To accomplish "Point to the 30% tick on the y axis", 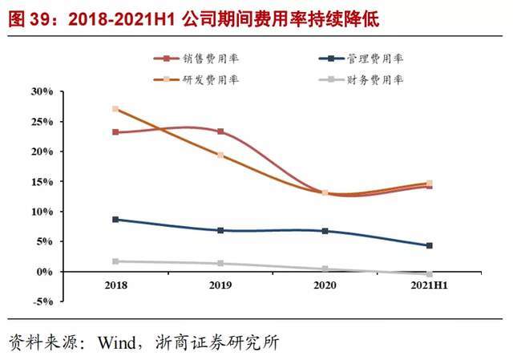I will click(42, 91).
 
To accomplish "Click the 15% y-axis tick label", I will click(42, 182).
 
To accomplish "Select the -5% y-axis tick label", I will click(42, 302).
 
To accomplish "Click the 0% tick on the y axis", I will click(45, 272).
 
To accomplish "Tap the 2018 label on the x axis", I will click(116, 285).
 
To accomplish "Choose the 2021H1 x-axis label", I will click(428, 285).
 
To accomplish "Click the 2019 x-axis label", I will click(220, 285).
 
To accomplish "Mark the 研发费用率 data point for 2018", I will click(116, 109).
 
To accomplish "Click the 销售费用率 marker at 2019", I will click(220, 131).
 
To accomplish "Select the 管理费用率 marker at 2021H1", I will click(429, 245).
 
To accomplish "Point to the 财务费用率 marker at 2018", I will click(116, 261).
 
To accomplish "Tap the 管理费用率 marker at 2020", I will click(325, 231).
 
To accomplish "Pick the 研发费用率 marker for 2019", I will click(220, 155).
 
